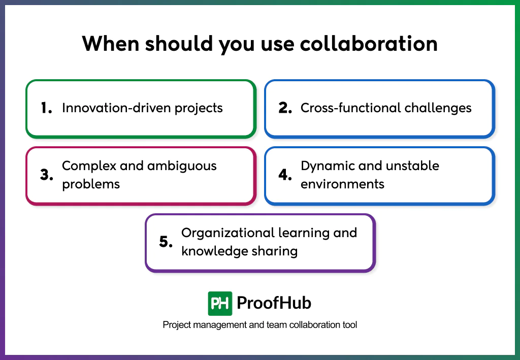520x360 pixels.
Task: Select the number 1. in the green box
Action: coord(47,108)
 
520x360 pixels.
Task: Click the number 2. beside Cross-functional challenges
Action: coord(285,108)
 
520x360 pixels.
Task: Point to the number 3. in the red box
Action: coord(47,175)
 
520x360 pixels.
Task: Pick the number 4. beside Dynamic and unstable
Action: coord(285,175)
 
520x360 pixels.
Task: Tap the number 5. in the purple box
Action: coord(166,242)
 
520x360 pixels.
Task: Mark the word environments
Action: coord(342,184)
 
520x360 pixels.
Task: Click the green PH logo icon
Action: coord(220,304)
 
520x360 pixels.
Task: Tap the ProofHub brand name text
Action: coord(274,304)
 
